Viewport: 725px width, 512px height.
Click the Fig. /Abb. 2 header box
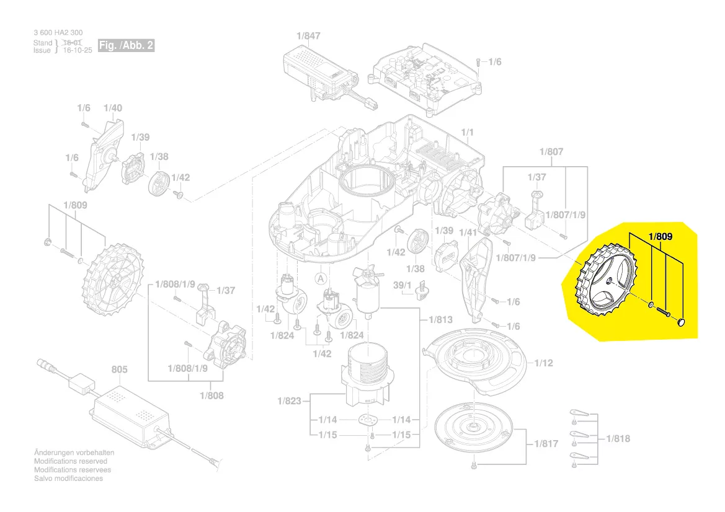[125, 46]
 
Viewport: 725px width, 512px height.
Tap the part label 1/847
[308, 36]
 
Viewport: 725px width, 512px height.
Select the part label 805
[119, 369]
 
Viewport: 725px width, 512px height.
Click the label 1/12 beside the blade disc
[543, 363]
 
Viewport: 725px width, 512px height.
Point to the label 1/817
[546, 444]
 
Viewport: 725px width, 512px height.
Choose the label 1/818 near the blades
[618, 438]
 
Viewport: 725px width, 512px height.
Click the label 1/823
[289, 401]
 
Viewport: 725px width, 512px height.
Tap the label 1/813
[440, 320]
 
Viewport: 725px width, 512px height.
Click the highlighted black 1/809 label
[661, 236]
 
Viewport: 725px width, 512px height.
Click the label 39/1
[403, 285]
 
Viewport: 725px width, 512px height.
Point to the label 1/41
[468, 232]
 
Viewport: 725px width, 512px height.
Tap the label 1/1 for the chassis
[468, 133]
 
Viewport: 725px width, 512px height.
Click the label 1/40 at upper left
[113, 108]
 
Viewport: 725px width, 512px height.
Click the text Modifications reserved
[70, 461]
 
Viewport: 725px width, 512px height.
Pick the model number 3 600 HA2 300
[58, 32]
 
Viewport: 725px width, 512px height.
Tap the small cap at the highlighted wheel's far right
[681, 322]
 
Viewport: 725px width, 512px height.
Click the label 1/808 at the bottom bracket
[212, 395]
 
